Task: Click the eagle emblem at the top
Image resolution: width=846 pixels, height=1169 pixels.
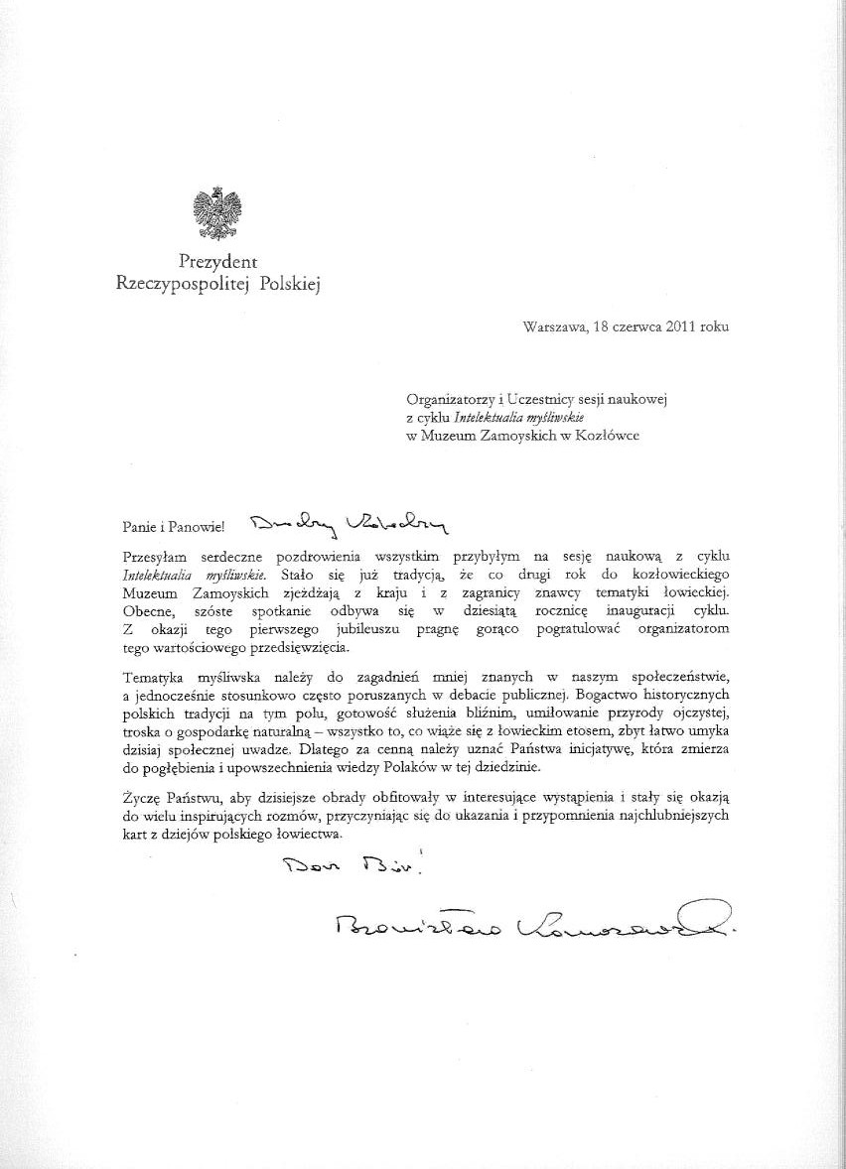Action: click(217, 211)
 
